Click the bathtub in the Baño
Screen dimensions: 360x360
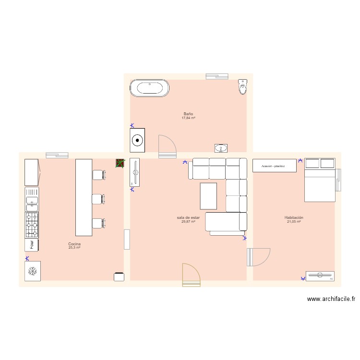(149, 88)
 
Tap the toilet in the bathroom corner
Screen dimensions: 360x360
(243, 86)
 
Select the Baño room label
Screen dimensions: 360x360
(188, 114)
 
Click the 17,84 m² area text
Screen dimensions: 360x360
(188, 118)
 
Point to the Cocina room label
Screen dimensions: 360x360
(74, 244)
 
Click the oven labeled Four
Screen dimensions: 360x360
(32, 245)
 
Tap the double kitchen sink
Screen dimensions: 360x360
(32, 199)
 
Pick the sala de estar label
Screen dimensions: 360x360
(188, 217)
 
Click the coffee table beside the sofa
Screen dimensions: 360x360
(208, 196)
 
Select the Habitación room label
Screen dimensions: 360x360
(294, 217)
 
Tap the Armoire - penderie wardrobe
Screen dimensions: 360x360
(275, 166)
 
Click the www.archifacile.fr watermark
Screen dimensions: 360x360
(331, 299)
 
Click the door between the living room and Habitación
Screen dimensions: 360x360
(258, 257)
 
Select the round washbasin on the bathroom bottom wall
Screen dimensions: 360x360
(221, 148)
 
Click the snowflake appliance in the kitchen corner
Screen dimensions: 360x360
(33, 271)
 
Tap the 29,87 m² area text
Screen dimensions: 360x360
(188, 222)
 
